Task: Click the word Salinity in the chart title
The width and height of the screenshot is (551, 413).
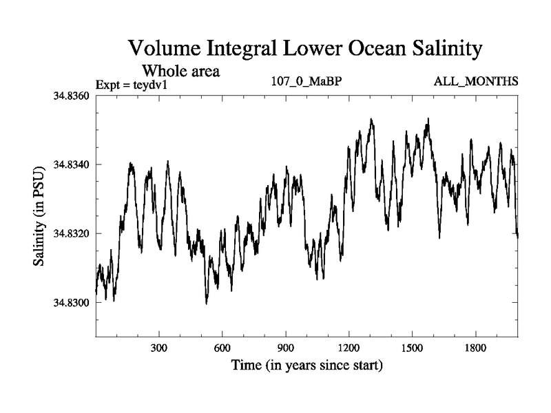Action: pyautogui.click(x=440, y=50)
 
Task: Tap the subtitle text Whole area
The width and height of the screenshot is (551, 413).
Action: pyautogui.click(x=180, y=70)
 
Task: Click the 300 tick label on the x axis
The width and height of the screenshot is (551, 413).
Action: pyautogui.click(x=159, y=349)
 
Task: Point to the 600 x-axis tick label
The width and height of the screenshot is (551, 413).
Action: pyautogui.click(x=222, y=349)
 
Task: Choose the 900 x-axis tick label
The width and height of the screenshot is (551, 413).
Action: pyautogui.click(x=286, y=349)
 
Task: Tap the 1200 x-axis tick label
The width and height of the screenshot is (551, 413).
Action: pyautogui.click(x=349, y=349)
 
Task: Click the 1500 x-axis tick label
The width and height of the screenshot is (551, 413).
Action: pyautogui.click(x=412, y=349)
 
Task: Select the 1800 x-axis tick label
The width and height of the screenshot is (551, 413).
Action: pyautogui.click(x=475, y=349)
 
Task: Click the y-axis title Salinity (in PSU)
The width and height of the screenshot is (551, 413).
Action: pyautogui.click(x=39, y=216)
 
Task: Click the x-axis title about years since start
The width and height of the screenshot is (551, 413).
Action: pyautogui.click(x=307, y=365)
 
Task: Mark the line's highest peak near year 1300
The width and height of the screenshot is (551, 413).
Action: pyautogui.click(x=371, y=119)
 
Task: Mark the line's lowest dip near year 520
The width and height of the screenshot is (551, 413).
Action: pyautogui.click(x=206, y=304)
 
